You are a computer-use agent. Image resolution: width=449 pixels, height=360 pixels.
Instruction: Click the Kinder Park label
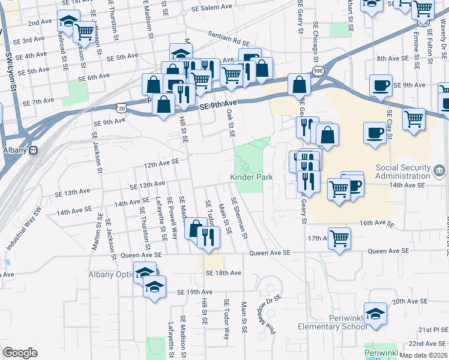[x=252, y=177]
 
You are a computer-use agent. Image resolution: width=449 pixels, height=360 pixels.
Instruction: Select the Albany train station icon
[x=34, y=150]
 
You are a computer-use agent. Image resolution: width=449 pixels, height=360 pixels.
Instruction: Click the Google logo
[x=20, y=353]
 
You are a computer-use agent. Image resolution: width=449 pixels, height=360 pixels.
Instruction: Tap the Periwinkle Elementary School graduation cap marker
[x=376, y=314]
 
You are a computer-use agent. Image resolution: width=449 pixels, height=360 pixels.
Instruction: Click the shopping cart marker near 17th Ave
[x=340, y=238]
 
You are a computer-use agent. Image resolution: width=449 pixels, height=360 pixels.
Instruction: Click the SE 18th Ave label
[x=223, y=273]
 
